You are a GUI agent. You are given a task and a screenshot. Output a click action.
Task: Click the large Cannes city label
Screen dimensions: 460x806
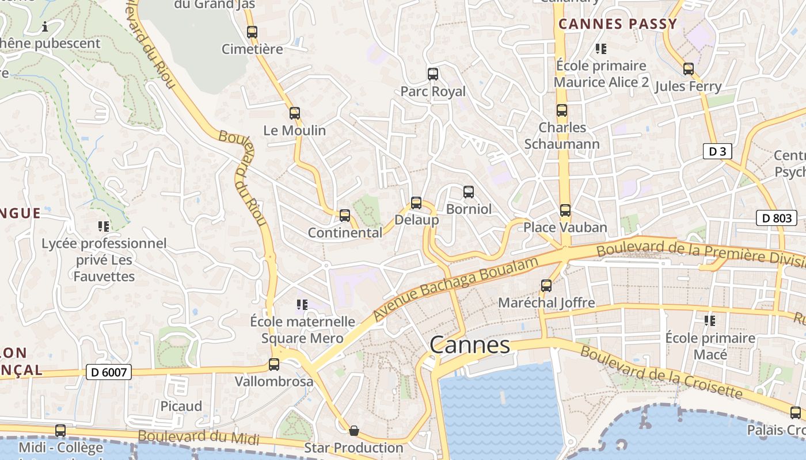[470, 345]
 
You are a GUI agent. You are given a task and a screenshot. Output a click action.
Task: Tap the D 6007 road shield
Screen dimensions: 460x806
[109, 372]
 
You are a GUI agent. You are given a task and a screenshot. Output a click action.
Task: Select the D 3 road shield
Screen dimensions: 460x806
[717, 152]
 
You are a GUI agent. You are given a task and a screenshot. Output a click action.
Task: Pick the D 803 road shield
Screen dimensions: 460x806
[776, 218]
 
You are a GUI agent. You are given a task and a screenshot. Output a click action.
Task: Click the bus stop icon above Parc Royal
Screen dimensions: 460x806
[433, 74]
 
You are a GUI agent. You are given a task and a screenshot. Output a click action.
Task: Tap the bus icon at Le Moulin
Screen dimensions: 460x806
[295, 113]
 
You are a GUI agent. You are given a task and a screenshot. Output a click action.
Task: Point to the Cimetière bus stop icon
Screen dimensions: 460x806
[252, 32]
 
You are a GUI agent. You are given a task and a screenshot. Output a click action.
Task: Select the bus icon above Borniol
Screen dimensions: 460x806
[469, 192]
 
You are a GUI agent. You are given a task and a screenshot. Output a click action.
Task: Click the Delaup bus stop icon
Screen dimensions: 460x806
[416, 203]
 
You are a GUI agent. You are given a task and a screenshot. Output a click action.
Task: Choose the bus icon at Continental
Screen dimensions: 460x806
[345, 216]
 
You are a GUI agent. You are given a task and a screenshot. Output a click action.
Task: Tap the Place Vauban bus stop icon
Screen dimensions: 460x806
[565, 210]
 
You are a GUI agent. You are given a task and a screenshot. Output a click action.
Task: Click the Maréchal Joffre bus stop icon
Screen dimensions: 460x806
[546, 285]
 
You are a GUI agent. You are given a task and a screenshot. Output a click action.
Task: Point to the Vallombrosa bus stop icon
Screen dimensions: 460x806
[274, 365]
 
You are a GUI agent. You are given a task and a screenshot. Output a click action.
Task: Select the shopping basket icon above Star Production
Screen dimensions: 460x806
[354, 431]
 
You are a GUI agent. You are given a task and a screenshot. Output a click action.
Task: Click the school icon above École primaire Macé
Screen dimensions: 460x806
[710, 320]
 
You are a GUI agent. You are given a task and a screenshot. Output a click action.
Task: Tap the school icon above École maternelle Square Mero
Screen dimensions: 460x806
[302, 304]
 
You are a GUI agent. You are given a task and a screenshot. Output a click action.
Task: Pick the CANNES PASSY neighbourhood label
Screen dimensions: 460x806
[618, 24]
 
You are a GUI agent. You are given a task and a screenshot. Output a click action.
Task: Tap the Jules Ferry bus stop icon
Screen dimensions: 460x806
[689, 70]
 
